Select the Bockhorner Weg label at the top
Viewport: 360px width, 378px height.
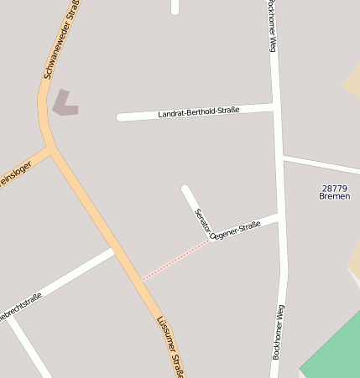(271, 26)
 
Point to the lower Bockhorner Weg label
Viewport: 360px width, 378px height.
(277, 332)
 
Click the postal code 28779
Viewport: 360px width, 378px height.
(334, 188)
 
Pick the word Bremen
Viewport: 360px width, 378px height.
(334, 197)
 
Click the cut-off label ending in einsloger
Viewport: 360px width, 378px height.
(14, 174)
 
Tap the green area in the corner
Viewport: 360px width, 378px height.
(335, 352)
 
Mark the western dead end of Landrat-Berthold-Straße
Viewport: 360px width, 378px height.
(121, 117)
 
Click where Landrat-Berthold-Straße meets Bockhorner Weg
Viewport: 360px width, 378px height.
(274, 106)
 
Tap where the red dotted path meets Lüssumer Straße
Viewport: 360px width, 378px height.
(141, 279)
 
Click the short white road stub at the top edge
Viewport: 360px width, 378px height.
(175, 7)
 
